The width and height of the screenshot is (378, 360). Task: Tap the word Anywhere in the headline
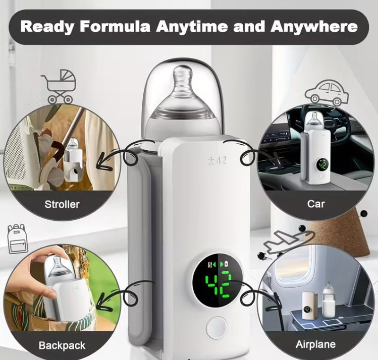(x=314, y=26)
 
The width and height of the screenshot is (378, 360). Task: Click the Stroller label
(x=62, y=204)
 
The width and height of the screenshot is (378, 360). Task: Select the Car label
(x=316, y=204)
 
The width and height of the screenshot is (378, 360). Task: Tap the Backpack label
(x=62, y=345)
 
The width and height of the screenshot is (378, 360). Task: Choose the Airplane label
(x=315, y=344)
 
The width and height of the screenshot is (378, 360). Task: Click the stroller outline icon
(x=60, y=86)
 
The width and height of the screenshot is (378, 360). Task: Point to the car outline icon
(x=327, y=93)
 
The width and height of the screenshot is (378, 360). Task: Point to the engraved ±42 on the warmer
(x=217, y=160)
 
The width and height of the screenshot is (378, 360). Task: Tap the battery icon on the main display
(x=226, y=264)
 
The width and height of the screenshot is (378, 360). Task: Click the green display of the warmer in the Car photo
(x=322, y=165)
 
